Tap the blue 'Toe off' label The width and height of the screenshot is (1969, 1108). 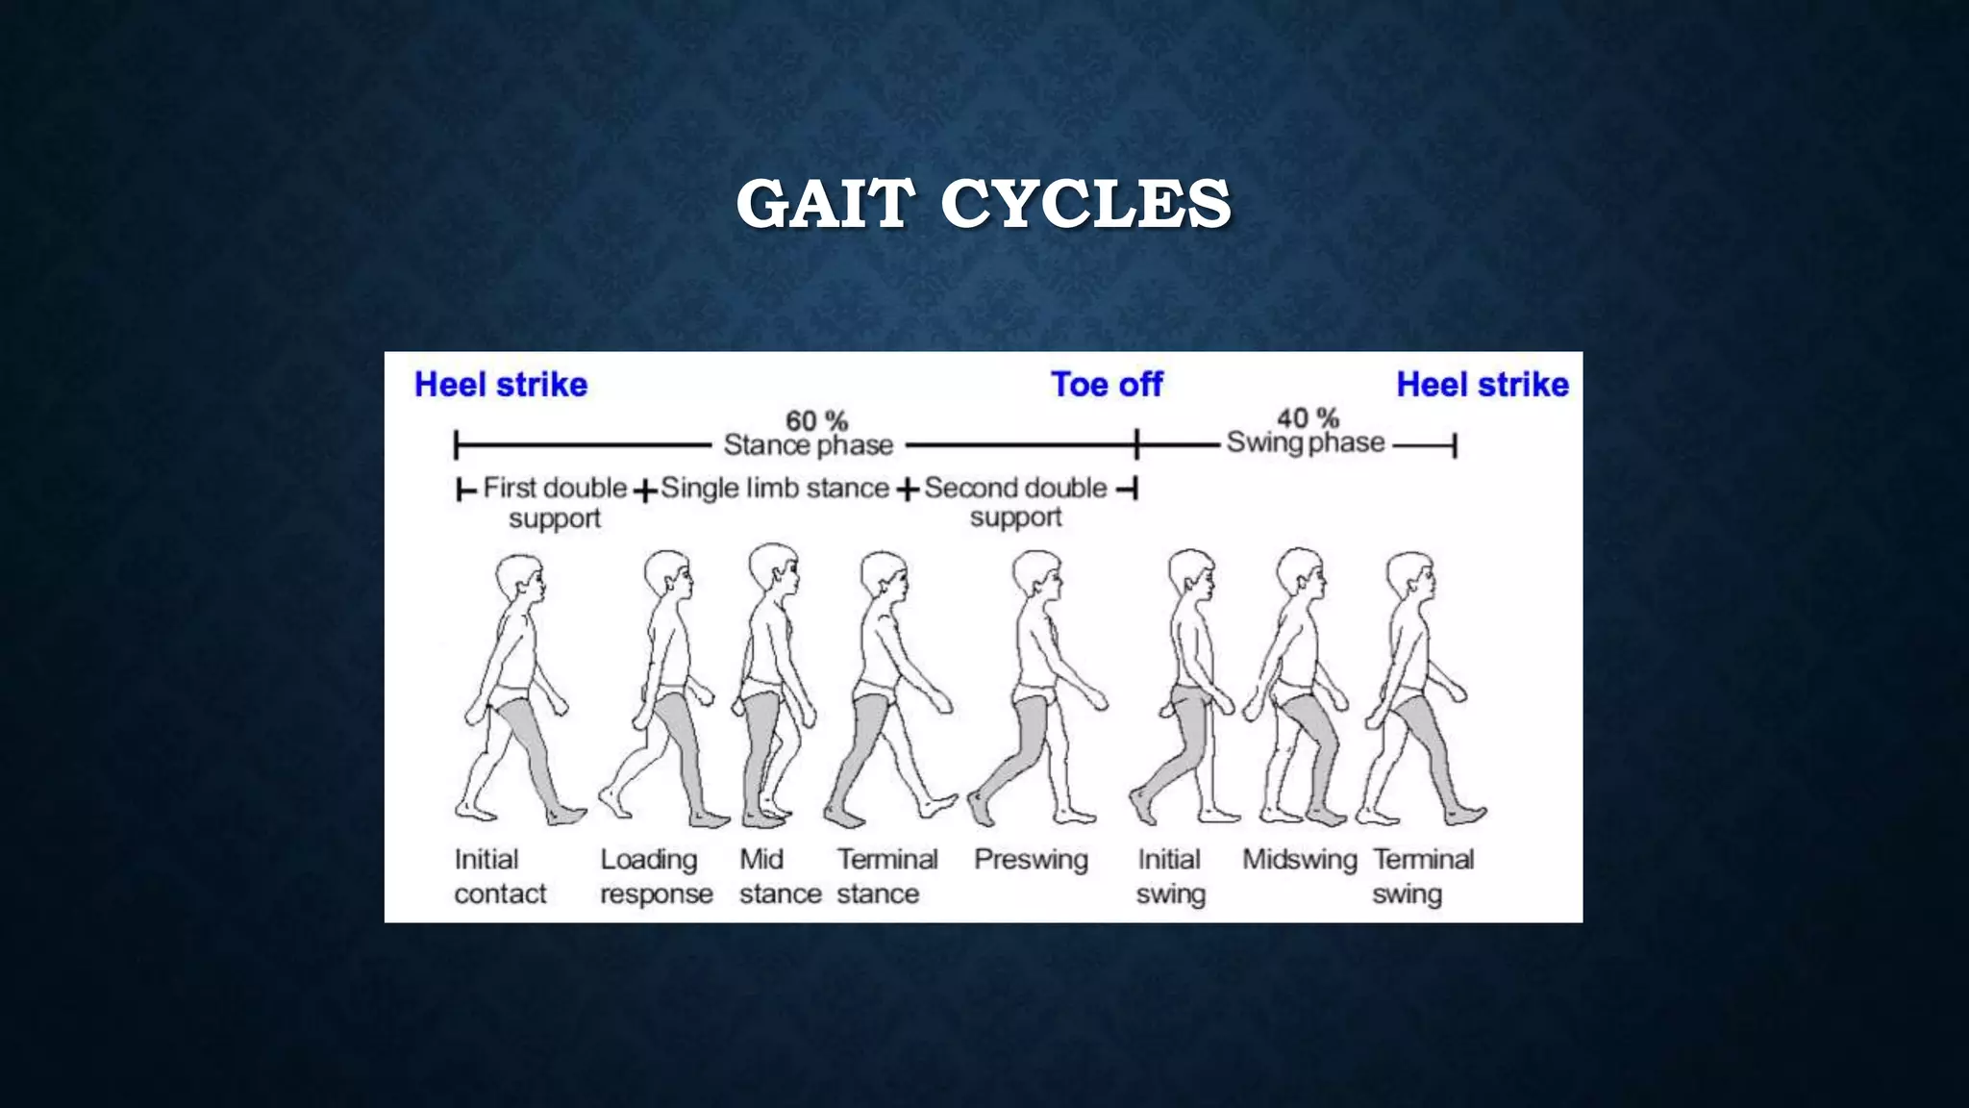point(1107,385)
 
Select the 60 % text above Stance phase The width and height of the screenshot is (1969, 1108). point(816,420)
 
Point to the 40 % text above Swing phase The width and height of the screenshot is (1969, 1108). point(1308,418)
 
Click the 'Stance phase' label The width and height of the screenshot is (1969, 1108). point(809,445)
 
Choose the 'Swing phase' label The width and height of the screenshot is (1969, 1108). point(1306,442)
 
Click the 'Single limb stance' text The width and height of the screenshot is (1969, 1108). point(775,489)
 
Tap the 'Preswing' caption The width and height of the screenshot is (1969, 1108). point(1031,859)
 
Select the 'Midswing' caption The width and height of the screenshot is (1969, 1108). point(1299,859)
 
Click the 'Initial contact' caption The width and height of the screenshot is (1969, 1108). point(500,876)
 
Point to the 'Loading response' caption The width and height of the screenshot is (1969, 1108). point(657,876)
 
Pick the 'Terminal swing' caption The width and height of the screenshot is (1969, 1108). point(1423,876)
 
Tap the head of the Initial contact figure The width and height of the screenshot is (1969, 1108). point(520,579)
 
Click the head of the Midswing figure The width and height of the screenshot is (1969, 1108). point(1301,573)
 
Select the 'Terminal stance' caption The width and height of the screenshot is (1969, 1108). point(886,876)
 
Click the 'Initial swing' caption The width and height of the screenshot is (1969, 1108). point(1170,876)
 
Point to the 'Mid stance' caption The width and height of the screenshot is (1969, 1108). point(780,876)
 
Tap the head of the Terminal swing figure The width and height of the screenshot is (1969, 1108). point(1410,576)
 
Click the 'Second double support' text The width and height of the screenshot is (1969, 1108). point(1016,502)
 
